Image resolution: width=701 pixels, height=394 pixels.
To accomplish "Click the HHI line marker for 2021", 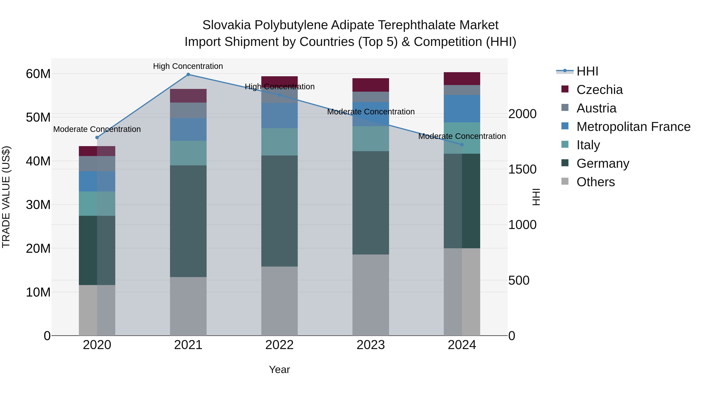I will pyautogui.click(x=188, y=75).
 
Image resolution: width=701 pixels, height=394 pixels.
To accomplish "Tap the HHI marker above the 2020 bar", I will pyautogui.click(x=97, y=138).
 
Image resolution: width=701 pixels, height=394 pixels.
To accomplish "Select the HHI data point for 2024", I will pyautogui.click(x=462, y=145).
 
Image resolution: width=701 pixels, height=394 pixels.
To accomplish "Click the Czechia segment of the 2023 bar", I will pyautogui.click(x=371, y=85).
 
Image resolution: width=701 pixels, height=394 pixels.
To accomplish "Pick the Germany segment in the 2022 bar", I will pyautogui.click(x=279, y=211).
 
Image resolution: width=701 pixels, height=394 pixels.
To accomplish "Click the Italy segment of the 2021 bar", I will pyautogui.click(x=188, y=153).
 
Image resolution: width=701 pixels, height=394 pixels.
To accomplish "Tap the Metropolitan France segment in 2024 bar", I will pyautogui.click(x=462, y=109).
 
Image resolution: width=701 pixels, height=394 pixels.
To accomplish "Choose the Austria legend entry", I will pyautogui.click(x=596, y=108).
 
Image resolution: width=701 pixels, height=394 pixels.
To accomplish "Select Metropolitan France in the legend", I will pyautogui.click(x=633, y=127).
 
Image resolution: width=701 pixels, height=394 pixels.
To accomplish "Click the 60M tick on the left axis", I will pyautogui.click(x=38, y=74).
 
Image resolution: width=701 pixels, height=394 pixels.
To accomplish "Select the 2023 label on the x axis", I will pyautogui.click(x=371, y=345).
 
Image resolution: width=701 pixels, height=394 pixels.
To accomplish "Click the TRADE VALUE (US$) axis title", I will pyautogui.click(x=6, y=197).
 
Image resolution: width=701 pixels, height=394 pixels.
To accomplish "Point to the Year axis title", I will pyautogui.click(x=279, y=369).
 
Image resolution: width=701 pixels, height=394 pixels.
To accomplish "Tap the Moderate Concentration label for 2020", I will pyautogui.click(x=97, y=129).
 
